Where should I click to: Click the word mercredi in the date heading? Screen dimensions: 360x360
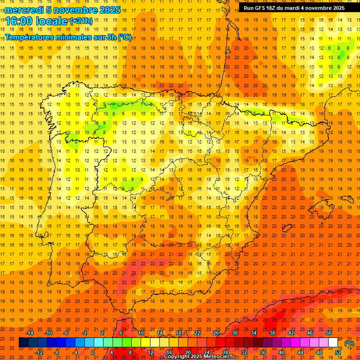(x=24, y=10)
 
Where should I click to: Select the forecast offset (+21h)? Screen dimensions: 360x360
(x=81, y=21)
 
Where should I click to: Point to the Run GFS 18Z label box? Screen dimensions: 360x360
(x=294, y=8)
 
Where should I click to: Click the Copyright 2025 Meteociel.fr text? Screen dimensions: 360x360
(x=199, y=356)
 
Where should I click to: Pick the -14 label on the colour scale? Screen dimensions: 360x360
(x=30, y=333)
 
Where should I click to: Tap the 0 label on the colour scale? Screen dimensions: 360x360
(x=93, y=352)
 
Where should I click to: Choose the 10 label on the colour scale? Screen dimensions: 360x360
(x=141, y=333)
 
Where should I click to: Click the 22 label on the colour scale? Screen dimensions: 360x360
(x=197, y=333)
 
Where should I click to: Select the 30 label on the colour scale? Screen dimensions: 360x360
(x=234, y=333)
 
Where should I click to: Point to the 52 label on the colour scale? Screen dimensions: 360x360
(x=338, y=352)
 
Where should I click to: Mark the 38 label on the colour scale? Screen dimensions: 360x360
(x=272, y=333)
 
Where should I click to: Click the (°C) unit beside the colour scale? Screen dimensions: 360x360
(x=349, y=343)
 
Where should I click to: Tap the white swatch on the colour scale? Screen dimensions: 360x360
(x=333, y=343)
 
